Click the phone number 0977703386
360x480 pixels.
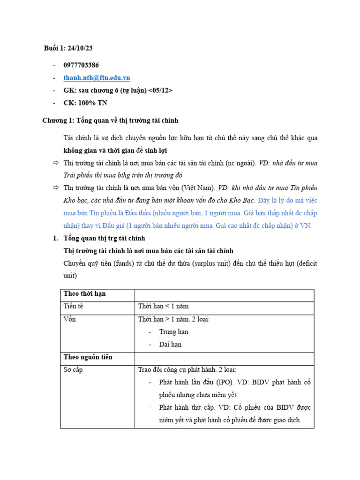81,65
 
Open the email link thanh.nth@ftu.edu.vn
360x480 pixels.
97,78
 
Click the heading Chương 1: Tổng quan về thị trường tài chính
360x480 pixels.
110,120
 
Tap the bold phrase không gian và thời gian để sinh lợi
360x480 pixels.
115,150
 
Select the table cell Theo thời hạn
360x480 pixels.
85,294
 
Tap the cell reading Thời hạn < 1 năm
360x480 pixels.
163,307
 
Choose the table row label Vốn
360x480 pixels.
70,319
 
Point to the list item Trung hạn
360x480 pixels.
173,332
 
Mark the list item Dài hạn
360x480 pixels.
170,345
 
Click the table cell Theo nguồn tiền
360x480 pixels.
88,357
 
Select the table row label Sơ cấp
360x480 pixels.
73,370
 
